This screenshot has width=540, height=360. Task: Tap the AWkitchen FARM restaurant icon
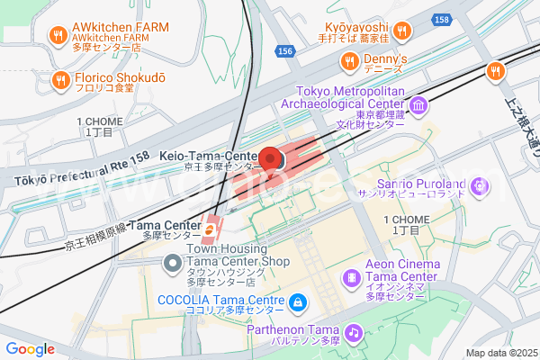coord(58,36)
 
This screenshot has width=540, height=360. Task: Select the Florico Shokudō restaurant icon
coord(60,79)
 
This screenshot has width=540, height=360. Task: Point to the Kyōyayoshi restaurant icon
coord(402,31)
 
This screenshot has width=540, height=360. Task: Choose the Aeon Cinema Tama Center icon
coord(350,276)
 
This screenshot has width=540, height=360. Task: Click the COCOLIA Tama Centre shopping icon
coord(299,301)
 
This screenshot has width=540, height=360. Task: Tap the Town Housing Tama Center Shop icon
coord(172,262)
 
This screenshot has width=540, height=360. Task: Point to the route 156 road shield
coord(286,52)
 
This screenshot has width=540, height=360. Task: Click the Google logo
coord(30,348)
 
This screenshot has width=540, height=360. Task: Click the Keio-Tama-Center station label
coord(210,157)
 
